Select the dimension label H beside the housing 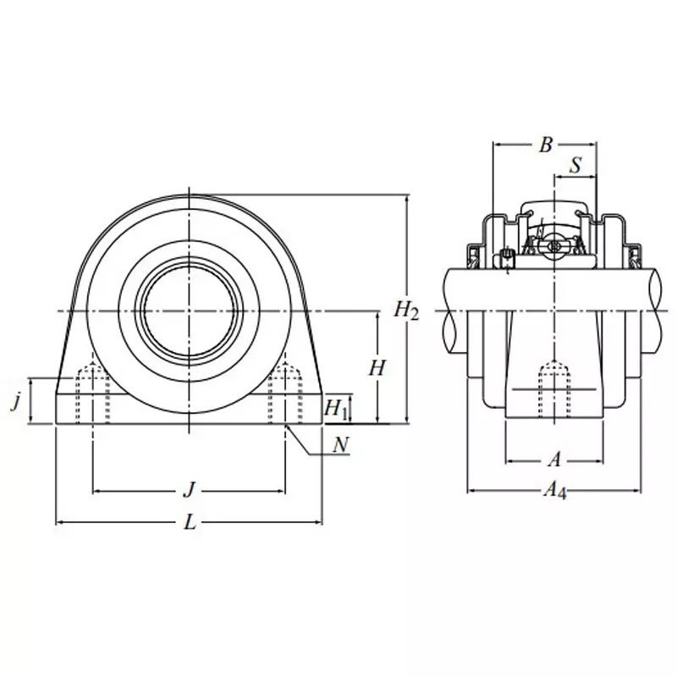pyautogui.click(x=377, y=368)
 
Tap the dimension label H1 pyautogui.click(x=337, y=408)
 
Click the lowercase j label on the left pyautogui.click(x=15, y=402)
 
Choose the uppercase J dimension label pyautogui.click(x=190, y=489)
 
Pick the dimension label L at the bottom pyautogui.click(x=190, y=523)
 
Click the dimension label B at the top pyautogui.click(x=546, y=145)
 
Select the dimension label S pyautogui.click(x=575, y=165)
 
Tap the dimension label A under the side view pyautogui.click(x=554, y=460)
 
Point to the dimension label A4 pyautogui.click(x=554, y=489)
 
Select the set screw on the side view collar pyautogui.click(x=506, y=258)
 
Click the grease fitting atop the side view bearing pyautogui.click(x=554, y=245)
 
